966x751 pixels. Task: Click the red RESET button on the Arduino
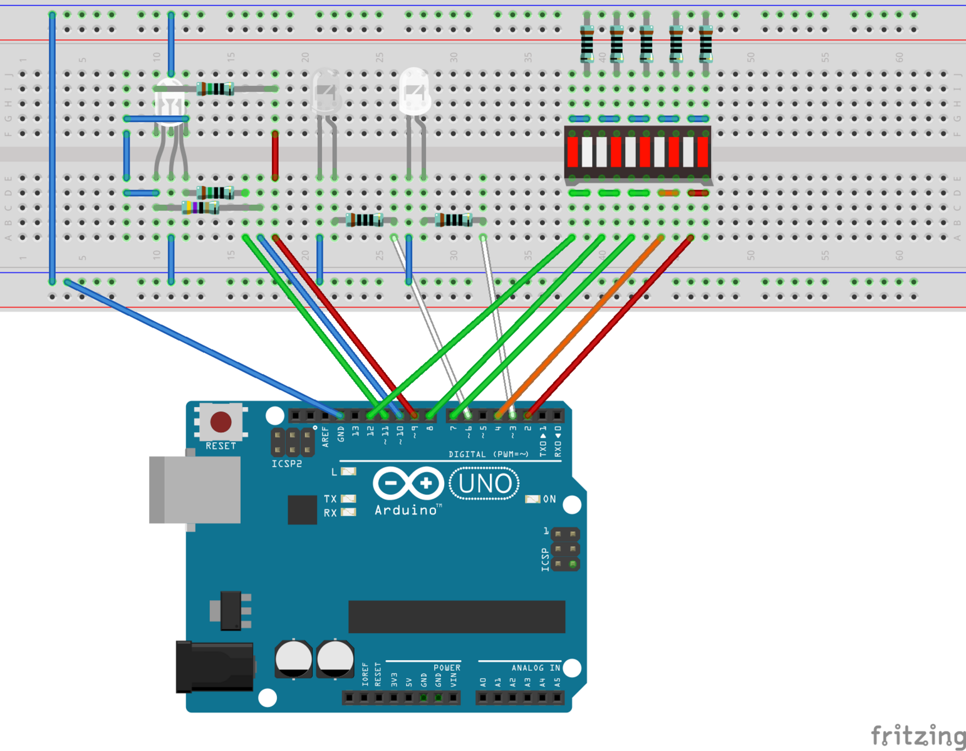click(x=221, y=422)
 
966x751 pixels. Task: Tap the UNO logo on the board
click(x=484, y=484)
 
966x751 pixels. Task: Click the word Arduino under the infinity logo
click(x=407, y=510)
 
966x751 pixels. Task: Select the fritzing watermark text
click(x=917, y=735)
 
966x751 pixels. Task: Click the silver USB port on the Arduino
click(x=195, y=490)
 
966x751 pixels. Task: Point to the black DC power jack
click(x=215, y=667)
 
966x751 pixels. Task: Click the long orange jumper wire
click(x=579, y=326)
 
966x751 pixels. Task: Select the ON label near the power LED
click(x=549, y=499)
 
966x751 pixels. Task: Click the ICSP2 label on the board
click(x=287, y=464)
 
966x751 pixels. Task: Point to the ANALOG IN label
click(x=536, y=668)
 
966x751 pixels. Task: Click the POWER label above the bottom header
click(x=447, y=668)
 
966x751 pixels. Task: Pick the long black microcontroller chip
click(x=457, y=616)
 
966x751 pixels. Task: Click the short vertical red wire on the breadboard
click(x=275, y=155)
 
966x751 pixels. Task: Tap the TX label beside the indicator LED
click(x=330, y=499)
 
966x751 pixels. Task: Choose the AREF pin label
click(x=325, y=437)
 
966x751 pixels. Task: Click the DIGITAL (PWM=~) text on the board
click(x=489, y=454)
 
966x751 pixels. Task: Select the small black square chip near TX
click(x=302, y=509)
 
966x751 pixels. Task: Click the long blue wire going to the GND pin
click(x=200, y=348)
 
